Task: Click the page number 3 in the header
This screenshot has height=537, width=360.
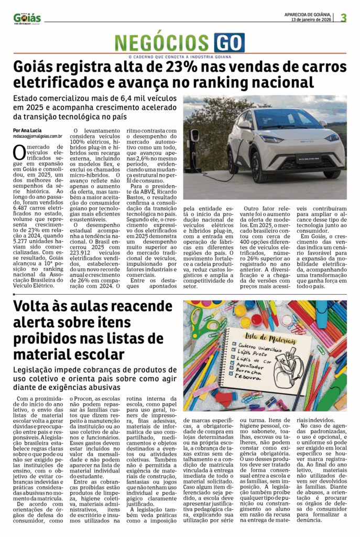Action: coord(344,17)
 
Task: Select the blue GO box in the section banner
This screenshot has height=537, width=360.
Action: coord(229,42)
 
